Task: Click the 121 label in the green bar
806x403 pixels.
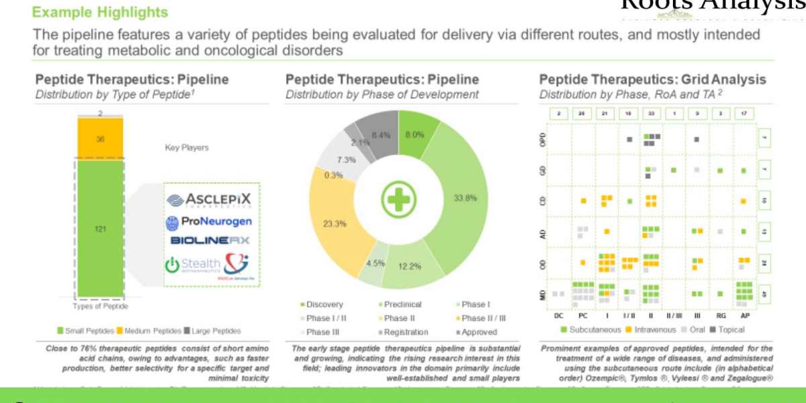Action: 100,229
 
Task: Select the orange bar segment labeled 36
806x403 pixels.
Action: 100,139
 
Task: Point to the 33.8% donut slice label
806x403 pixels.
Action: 465,198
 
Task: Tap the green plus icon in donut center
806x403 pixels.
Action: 399,199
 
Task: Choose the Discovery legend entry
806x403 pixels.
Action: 324,304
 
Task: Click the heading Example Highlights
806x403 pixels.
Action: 100,12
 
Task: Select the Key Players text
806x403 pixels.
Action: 187,147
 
